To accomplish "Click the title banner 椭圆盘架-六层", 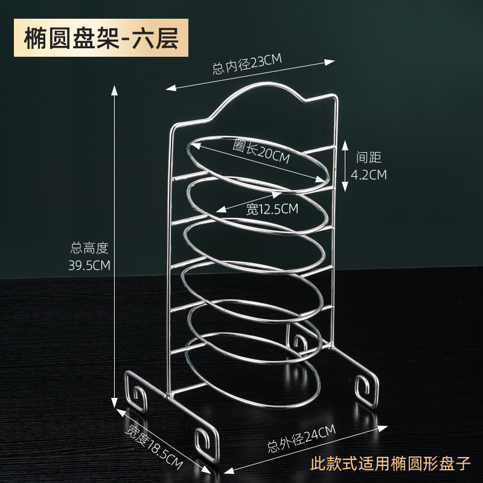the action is click(102, 37).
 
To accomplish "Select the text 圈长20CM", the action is click(261, 152).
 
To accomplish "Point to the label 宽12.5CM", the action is click(272, 210).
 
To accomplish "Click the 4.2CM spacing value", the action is click(369, 175).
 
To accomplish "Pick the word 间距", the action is click(369, 158).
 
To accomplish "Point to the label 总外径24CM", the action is click(301, 440).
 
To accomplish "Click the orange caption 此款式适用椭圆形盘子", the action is click(389, 465).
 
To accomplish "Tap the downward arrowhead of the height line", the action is click(114, 405).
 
